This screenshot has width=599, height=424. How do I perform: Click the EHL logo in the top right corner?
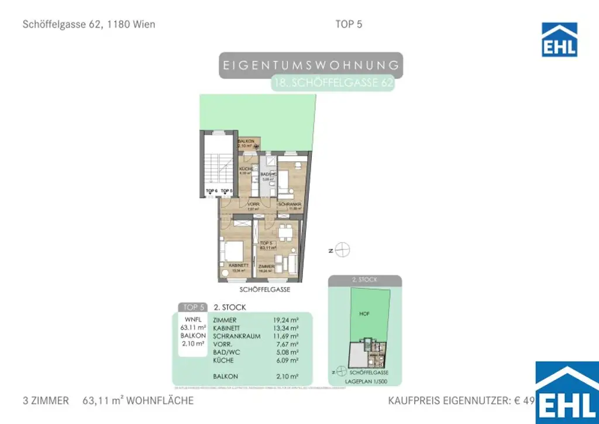559,40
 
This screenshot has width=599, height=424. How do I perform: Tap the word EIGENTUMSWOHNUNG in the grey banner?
312,65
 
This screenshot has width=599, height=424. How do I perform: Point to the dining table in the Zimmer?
285,232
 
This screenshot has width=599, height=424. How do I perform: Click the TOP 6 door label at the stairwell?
211,191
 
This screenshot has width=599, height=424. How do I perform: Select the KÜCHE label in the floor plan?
246,169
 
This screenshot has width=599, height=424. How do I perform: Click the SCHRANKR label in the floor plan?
290,204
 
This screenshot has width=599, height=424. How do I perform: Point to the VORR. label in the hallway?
253,204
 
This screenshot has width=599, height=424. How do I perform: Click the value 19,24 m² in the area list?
285,320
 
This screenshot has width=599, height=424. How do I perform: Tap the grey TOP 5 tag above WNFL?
194,307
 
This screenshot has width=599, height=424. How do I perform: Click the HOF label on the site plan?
364,313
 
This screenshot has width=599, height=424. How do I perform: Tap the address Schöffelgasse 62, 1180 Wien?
89,25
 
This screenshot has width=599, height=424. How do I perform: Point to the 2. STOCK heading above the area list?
230,307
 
